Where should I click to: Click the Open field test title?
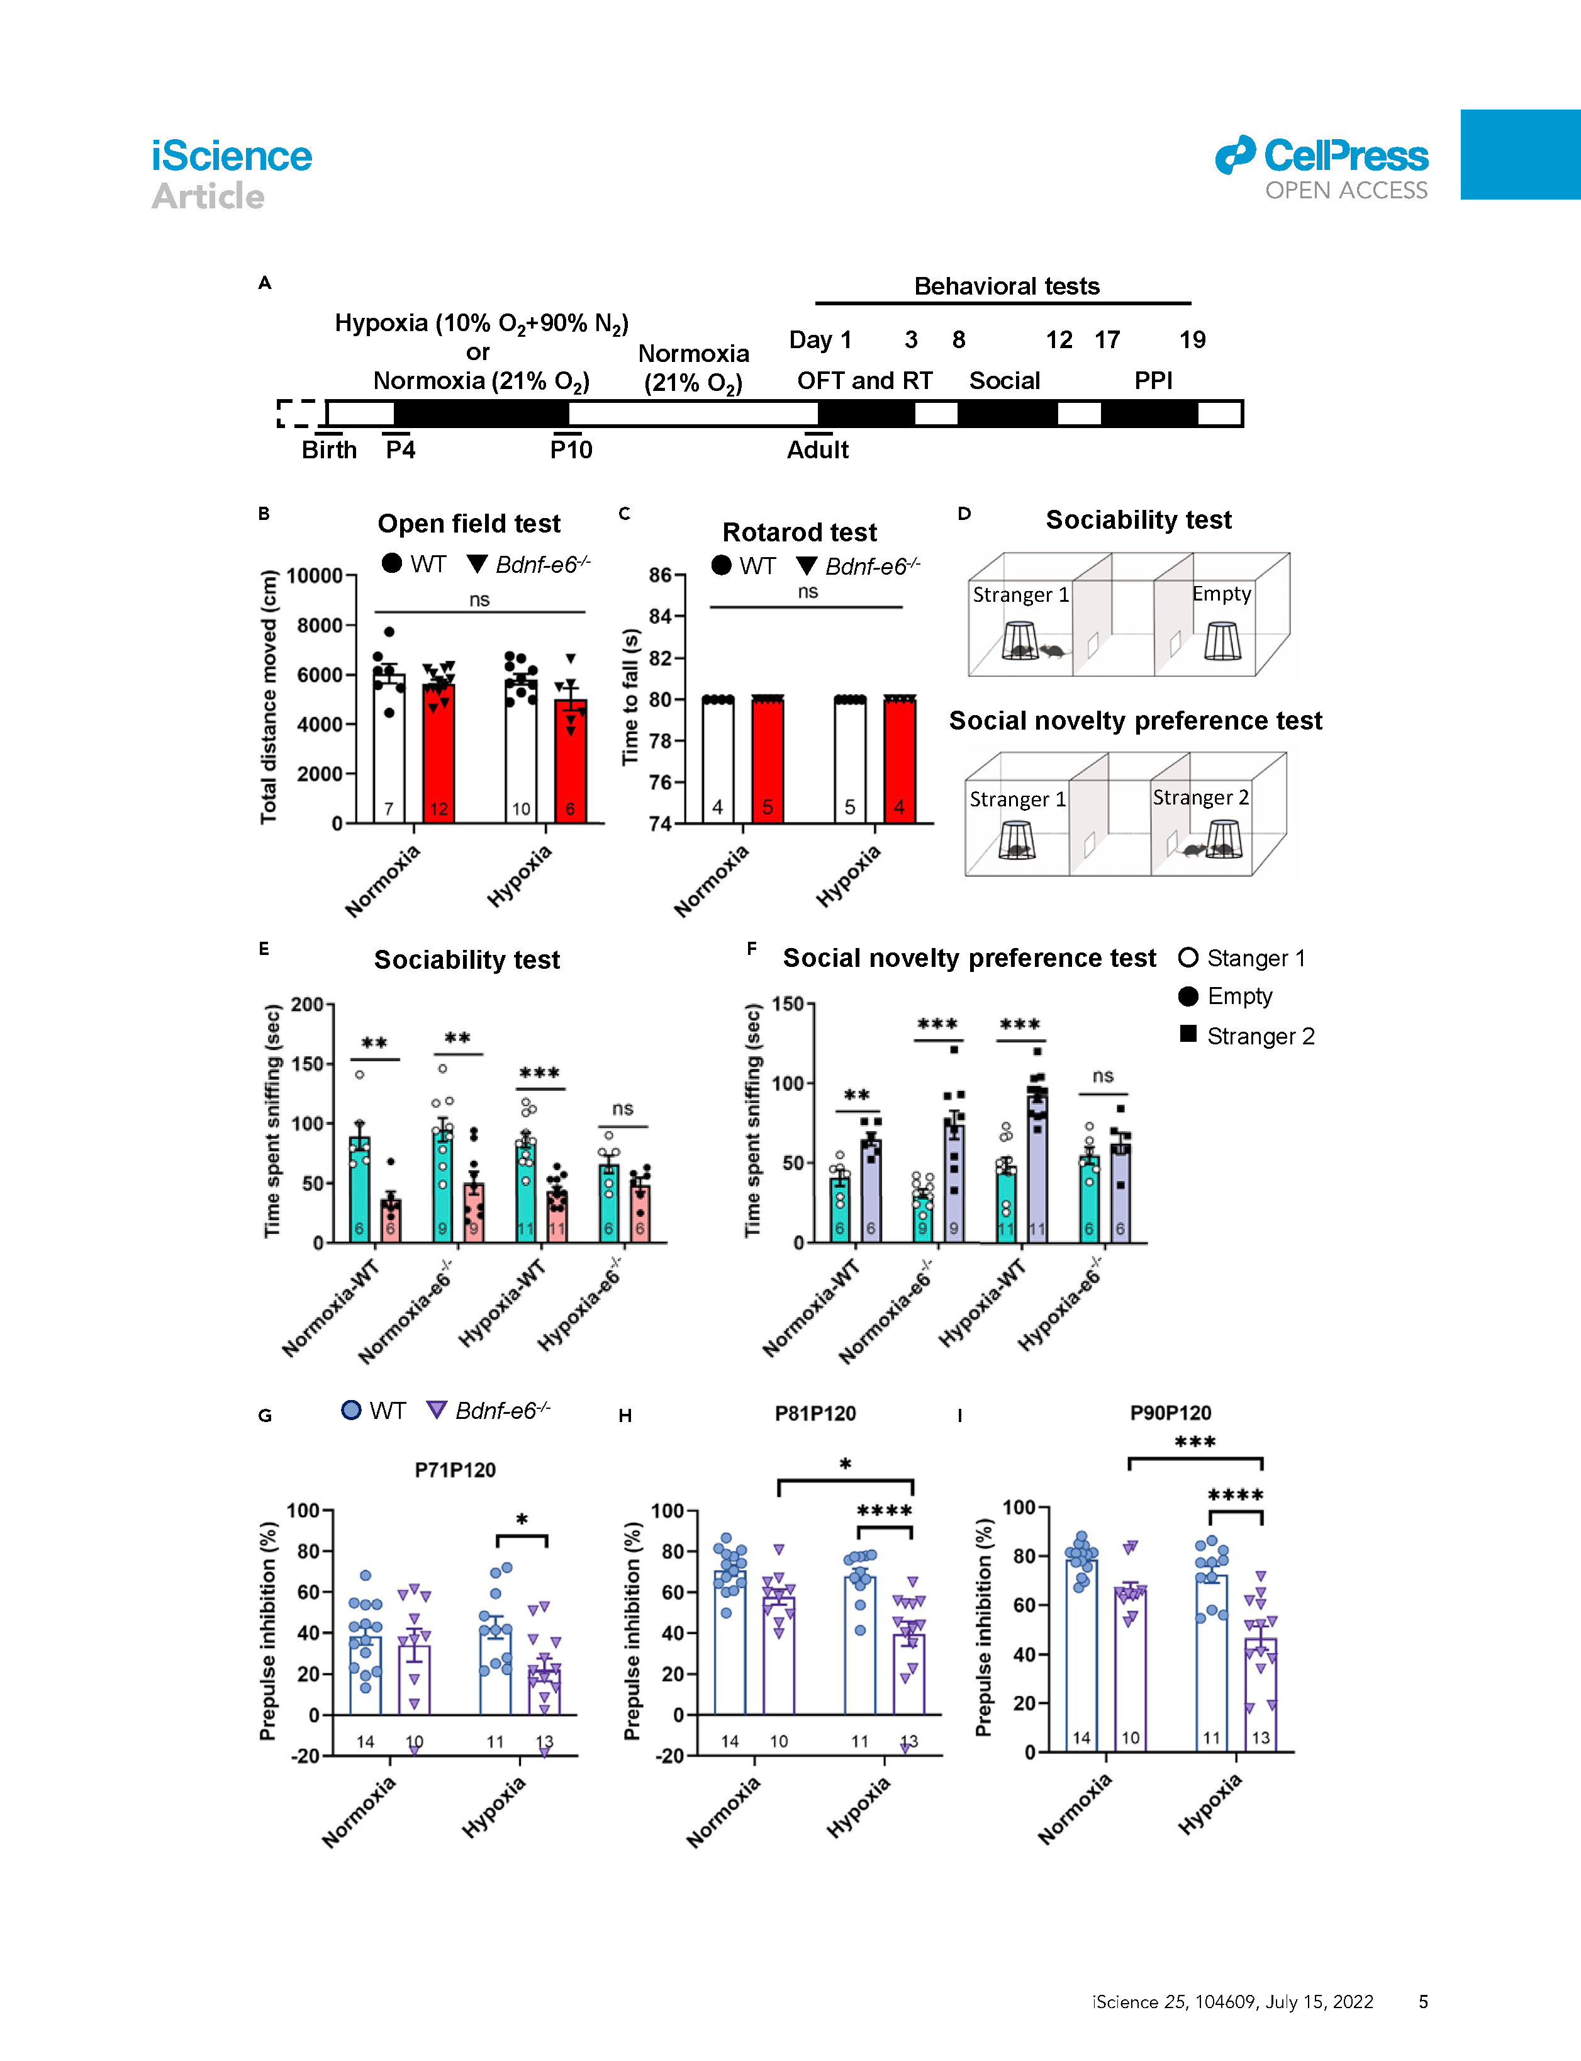(469, 524)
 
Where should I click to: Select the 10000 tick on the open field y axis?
(315, 575)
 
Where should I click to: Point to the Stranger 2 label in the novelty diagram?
(1200, 798)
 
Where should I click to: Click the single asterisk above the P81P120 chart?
(845, 1465)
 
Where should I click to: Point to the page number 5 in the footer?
(1423, 2001)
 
